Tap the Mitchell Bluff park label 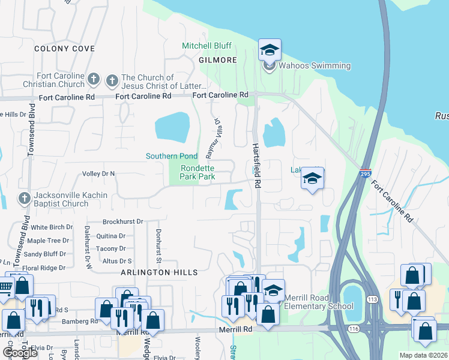click(206, 46)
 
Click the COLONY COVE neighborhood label click(64, 48)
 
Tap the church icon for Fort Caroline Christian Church click(93, 79)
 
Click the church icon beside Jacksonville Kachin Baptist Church click(24, 197)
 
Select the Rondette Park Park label click(198, 172)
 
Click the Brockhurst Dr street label click(122, 221)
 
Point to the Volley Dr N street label click(98, 173)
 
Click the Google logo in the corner click(20, 353)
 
